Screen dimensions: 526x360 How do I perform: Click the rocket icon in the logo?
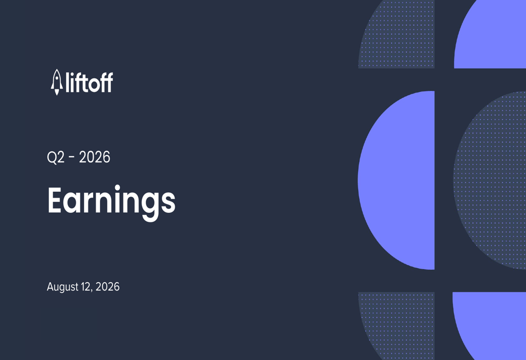click(57, 82)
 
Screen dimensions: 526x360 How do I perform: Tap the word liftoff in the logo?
click(89, 82)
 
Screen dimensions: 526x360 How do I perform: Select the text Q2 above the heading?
click(56, 157)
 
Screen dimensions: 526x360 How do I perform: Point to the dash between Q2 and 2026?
click(72, 157)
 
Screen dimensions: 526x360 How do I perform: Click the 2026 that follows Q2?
click(95, 157)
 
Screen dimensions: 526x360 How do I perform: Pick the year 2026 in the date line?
click(107, 286)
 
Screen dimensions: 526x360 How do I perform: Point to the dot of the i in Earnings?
click(117, 187)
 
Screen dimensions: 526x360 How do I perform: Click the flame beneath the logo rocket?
click(57, 92)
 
